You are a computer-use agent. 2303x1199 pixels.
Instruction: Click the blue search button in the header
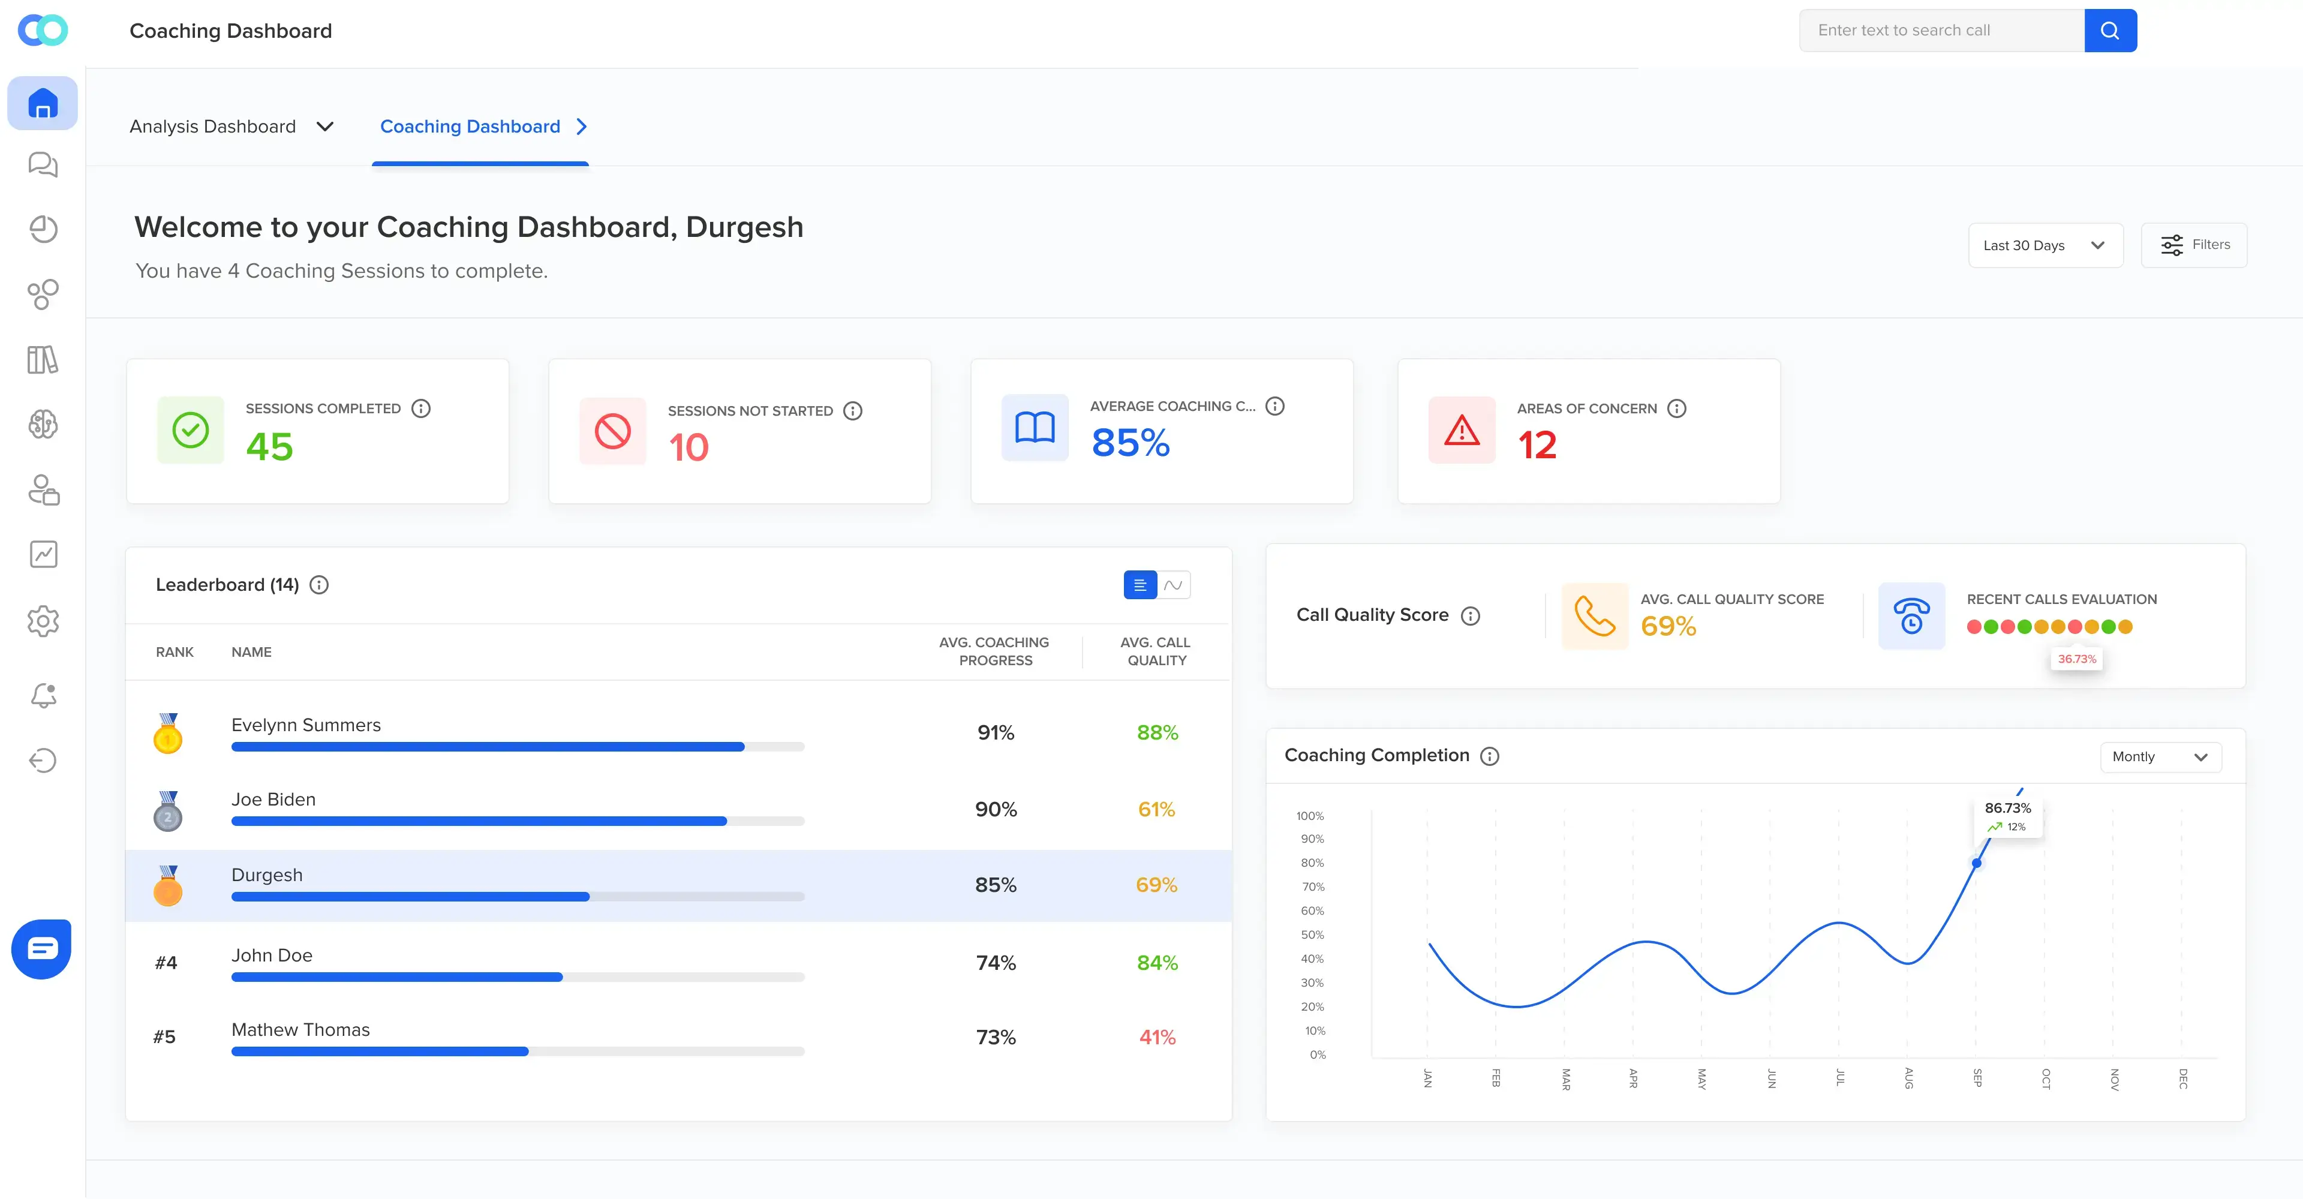(2110, 31)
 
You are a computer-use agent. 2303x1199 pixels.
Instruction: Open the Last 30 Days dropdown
(2045, 245)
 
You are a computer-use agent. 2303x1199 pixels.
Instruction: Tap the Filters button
(2194, 245)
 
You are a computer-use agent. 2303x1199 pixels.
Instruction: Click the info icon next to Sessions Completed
(421, 408)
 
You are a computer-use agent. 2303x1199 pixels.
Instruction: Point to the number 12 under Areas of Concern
(1537, 445)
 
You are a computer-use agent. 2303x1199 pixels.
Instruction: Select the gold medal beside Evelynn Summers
(167, 733)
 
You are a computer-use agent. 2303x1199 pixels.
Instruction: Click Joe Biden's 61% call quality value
(1156, 809)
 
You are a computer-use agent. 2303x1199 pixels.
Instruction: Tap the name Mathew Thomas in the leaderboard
(300, 1029)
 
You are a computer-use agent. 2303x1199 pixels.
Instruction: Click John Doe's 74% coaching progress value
(995, 963)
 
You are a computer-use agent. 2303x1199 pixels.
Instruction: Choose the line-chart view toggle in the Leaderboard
(1174, 585)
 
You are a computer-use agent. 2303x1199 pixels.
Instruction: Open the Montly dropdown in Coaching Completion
(2160, 756)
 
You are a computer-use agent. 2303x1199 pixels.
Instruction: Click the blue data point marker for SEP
(1977, 863)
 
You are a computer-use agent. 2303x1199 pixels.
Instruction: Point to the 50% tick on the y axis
(1312, 934)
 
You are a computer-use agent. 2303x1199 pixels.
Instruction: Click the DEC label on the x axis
(2182, 1078)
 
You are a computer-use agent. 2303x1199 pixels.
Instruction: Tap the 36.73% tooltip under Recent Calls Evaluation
(2076, 659)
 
